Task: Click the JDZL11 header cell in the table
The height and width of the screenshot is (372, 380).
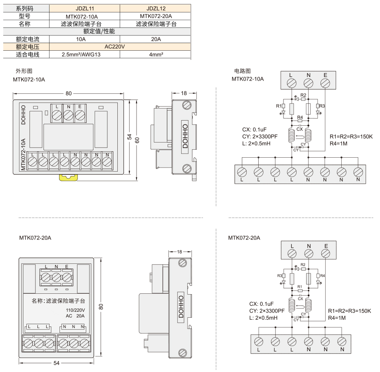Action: point(85,8)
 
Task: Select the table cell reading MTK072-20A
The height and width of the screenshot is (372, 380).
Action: point(156,16)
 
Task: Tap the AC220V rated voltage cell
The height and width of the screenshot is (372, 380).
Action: point(115,47)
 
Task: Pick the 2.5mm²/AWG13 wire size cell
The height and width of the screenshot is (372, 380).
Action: point(81,55)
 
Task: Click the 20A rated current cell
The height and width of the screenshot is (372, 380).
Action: point(156,39)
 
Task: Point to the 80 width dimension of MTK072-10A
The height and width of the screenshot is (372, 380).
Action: point(69,93)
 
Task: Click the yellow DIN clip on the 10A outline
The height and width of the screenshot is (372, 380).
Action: point(69,177)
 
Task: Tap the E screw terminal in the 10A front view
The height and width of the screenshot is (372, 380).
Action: point(80,115)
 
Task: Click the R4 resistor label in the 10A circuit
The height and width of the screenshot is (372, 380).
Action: point(300,117)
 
